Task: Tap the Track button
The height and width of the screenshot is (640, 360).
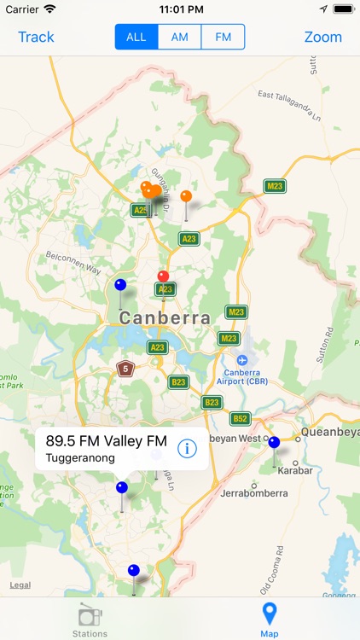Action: tap(36, 37)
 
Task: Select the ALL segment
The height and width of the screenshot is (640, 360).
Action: tap(136, 37)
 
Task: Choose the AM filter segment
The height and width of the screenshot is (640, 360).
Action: tap(180, 37)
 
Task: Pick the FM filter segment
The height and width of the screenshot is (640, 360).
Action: tap(224, 37)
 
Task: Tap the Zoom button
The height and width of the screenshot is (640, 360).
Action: tap(322, 37)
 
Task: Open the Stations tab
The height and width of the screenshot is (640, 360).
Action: tap(90, 620)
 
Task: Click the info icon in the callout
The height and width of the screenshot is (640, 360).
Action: tap(188, 448)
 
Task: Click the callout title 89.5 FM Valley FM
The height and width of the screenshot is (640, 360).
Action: tap(107, 441)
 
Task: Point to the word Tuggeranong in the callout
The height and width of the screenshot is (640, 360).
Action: tap(80, 458)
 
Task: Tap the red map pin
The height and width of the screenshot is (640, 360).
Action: tap(164, 276)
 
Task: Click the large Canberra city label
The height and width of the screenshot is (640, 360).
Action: tap(165, 317)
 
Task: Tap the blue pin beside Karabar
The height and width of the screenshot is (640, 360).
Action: tap(274, 443)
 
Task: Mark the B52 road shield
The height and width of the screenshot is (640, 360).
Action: tap(241, 418)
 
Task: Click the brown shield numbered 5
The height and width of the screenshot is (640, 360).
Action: tap(125, 369)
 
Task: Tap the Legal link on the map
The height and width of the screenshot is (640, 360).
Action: tap(20, 585)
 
